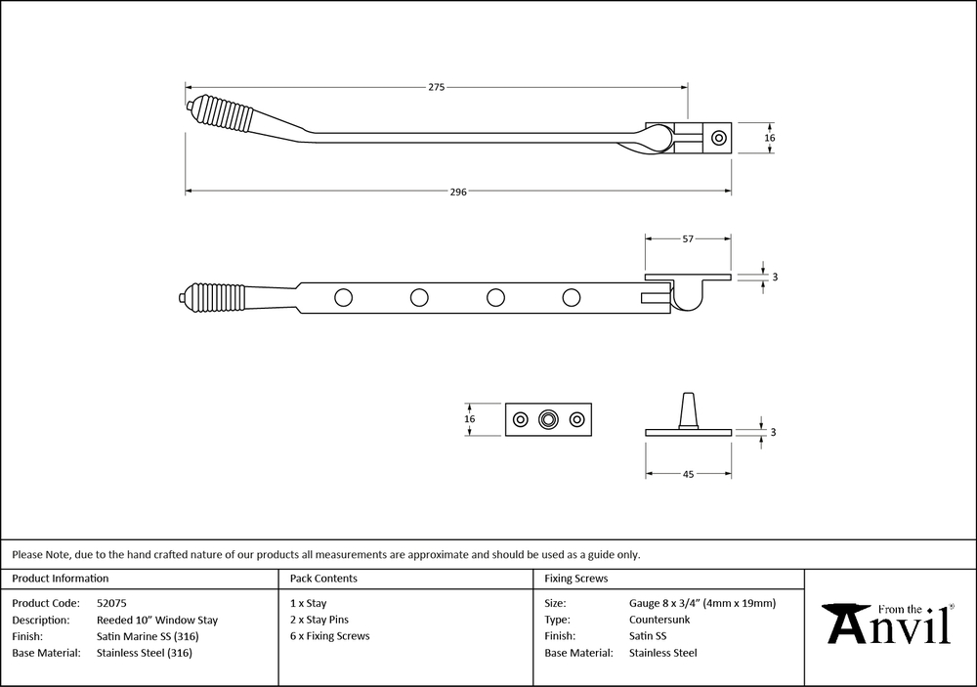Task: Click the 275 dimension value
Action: [x=436, y=87]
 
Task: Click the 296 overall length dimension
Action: [x=458, y=192]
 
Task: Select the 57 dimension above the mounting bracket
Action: [x=688, y=237]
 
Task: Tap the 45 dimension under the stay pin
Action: [x=688, y=474]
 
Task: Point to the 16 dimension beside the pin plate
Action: [x=470, y=419]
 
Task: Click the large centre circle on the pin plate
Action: [x=549, y=419]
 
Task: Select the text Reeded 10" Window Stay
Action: [x=157, y=620]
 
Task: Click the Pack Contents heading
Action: [x=323, y=579]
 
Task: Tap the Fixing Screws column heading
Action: [x=575, y=579]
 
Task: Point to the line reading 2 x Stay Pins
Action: [x=319, y=620]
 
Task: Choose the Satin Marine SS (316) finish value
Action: [x=151, y=636]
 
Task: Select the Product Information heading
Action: [x=61, y=579]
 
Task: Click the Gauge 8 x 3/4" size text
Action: [x=702, y=603]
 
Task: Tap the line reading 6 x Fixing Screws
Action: [x=330, y=636]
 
